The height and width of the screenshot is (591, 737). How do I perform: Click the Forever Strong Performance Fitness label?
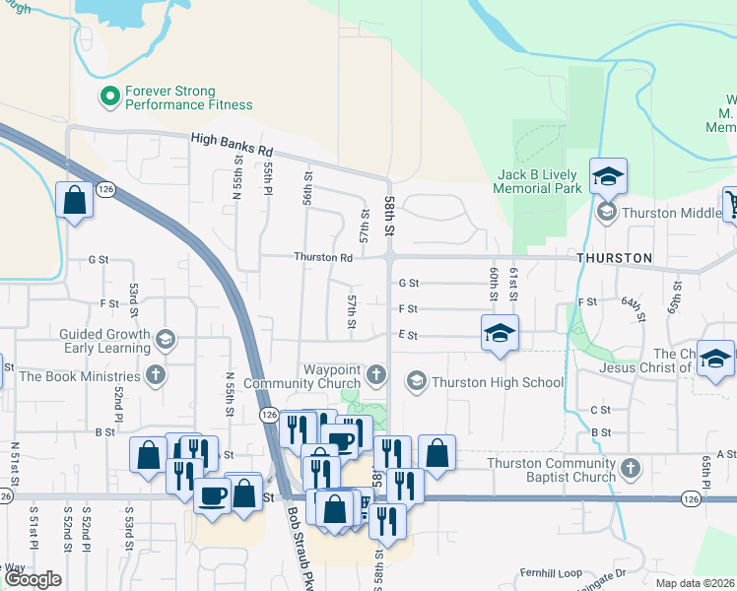point(188,98)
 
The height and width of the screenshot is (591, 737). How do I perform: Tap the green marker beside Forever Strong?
point(109,97)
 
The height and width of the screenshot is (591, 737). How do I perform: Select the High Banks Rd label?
point(232,147)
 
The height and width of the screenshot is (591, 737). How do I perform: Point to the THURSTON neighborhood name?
point(614,258)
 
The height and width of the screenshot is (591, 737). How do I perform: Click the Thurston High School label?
point(498,382)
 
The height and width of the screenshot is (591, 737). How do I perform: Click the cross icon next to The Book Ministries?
point(155,375)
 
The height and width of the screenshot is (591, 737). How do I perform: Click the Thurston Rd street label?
point(323,257)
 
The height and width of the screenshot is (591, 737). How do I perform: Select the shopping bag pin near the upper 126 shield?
point(75,200)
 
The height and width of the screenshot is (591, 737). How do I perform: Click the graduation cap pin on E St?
point(500,333)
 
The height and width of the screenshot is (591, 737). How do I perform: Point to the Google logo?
point(32,579)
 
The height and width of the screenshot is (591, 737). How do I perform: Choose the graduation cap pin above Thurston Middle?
point(608,177)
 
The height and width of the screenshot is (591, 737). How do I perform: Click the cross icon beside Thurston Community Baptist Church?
point(632,470)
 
